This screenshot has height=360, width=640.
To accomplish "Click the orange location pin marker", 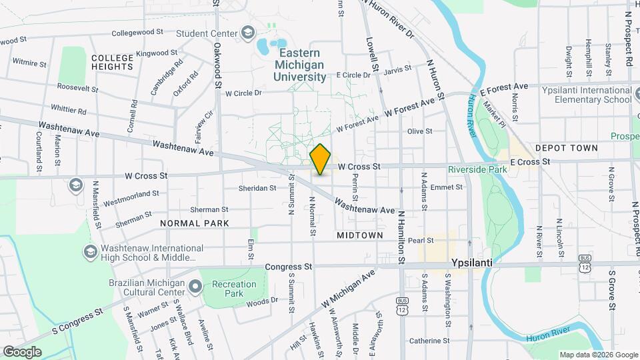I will pyautogui.click(x=321, y=159).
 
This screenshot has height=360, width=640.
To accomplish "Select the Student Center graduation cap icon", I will pyautogui.click(x=248, y=33).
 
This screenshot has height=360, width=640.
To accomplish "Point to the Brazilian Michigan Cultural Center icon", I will pyautogui.click(x=195, y=287).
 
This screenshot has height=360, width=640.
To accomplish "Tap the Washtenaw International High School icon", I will pyautogui.click(x=90, y=251).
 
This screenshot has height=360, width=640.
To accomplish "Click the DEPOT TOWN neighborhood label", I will pyautogui.click(x=566, y=148).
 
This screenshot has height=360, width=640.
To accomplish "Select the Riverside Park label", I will pyautogui.click(x=477, y=169).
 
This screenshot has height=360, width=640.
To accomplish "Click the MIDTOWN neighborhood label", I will pyautogui.click(x=360, y=235).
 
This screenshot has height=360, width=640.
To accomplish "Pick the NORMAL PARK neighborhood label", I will pyautogui.click(x=195, y=223).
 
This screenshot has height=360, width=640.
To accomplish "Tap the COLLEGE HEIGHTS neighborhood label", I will pyautogui.click(x=113, y=62).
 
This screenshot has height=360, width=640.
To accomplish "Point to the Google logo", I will pyautogui.click(x=22, y=351).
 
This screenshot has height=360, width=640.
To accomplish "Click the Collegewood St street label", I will pyautogui.click(x=137, y=32).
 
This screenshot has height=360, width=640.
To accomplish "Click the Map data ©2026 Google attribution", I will pyautogui.click(x=598, y=355).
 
